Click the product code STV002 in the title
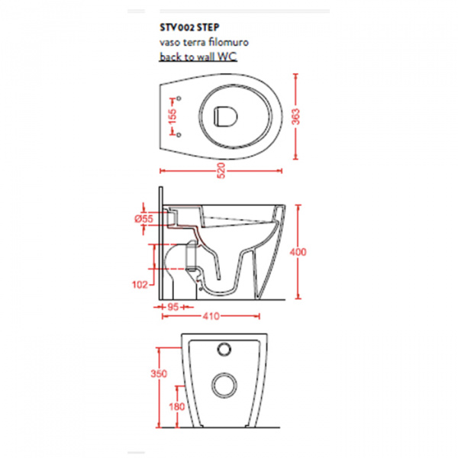[x=177, y=27]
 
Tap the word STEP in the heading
[x=208, y=27]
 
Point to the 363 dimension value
[x=296, y=117]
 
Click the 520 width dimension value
[x=221, y=170]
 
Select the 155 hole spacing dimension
[x=173, y=116]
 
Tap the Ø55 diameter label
[x=144, y=218]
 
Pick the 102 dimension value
[x=140, y=285]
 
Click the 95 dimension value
[x=173, y=307]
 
